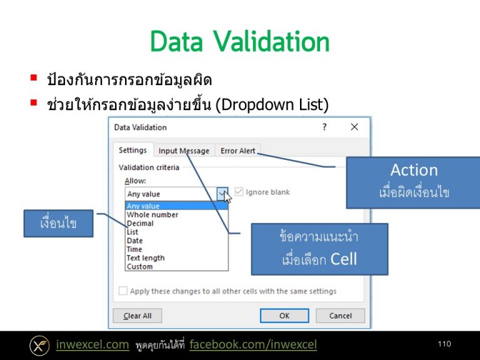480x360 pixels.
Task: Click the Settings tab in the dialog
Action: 132,151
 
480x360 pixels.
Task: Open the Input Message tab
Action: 184,151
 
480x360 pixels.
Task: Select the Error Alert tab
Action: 238,151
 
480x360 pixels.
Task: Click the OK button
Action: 284,316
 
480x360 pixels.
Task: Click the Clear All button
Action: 137,316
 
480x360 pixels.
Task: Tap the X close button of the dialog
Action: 354,127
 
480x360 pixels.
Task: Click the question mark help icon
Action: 324,127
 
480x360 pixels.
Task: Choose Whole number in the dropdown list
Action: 152,214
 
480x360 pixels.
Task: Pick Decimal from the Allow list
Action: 140,223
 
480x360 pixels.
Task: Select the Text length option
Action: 146,257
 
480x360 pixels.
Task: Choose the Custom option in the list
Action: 139,266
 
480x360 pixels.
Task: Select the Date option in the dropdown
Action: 134,241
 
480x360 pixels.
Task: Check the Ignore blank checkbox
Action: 239,192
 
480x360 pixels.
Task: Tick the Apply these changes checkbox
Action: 123,291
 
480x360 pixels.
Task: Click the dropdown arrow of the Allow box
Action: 222,194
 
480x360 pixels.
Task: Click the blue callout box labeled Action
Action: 413,181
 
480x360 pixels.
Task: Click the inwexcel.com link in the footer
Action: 92,344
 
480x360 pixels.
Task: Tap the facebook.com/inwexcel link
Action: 253,344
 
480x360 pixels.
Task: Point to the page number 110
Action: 444,344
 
